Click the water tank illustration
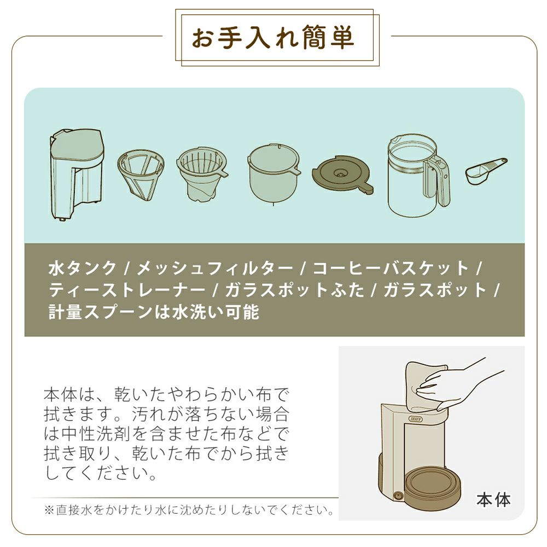[77, 175]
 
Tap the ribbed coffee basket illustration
[202, 174]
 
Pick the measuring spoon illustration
[486, 170]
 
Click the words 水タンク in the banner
[82, 268]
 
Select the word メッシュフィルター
[214, 268]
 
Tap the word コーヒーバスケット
[391, 268]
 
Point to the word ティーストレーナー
[127, 290]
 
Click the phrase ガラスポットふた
[294, 290]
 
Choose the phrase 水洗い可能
[215, 312]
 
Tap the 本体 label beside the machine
[493, 499]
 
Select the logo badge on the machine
[415, 418]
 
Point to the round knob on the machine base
[397, 496]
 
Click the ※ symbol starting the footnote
[49, 510]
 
